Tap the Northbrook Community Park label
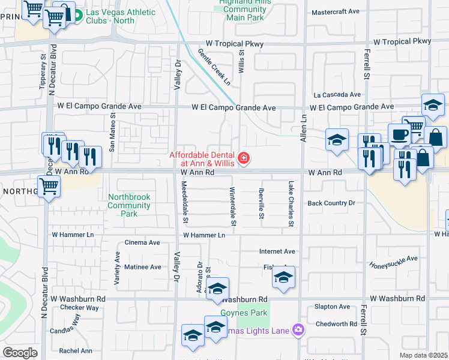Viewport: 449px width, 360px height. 129,205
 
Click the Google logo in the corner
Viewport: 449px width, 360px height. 20,353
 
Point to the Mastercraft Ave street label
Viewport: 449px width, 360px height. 336,11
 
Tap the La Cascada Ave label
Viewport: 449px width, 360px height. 337,95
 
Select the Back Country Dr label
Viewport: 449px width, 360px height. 331,203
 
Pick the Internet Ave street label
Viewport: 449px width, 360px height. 277,251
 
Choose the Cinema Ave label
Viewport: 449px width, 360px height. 142,243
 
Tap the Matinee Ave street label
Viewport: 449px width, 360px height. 143,267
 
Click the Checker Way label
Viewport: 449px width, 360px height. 79,308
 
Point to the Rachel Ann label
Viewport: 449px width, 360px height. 76,351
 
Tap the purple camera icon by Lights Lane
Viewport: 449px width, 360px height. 297,329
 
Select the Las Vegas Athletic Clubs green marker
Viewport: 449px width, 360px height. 77,13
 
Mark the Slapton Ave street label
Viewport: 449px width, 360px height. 333,307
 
